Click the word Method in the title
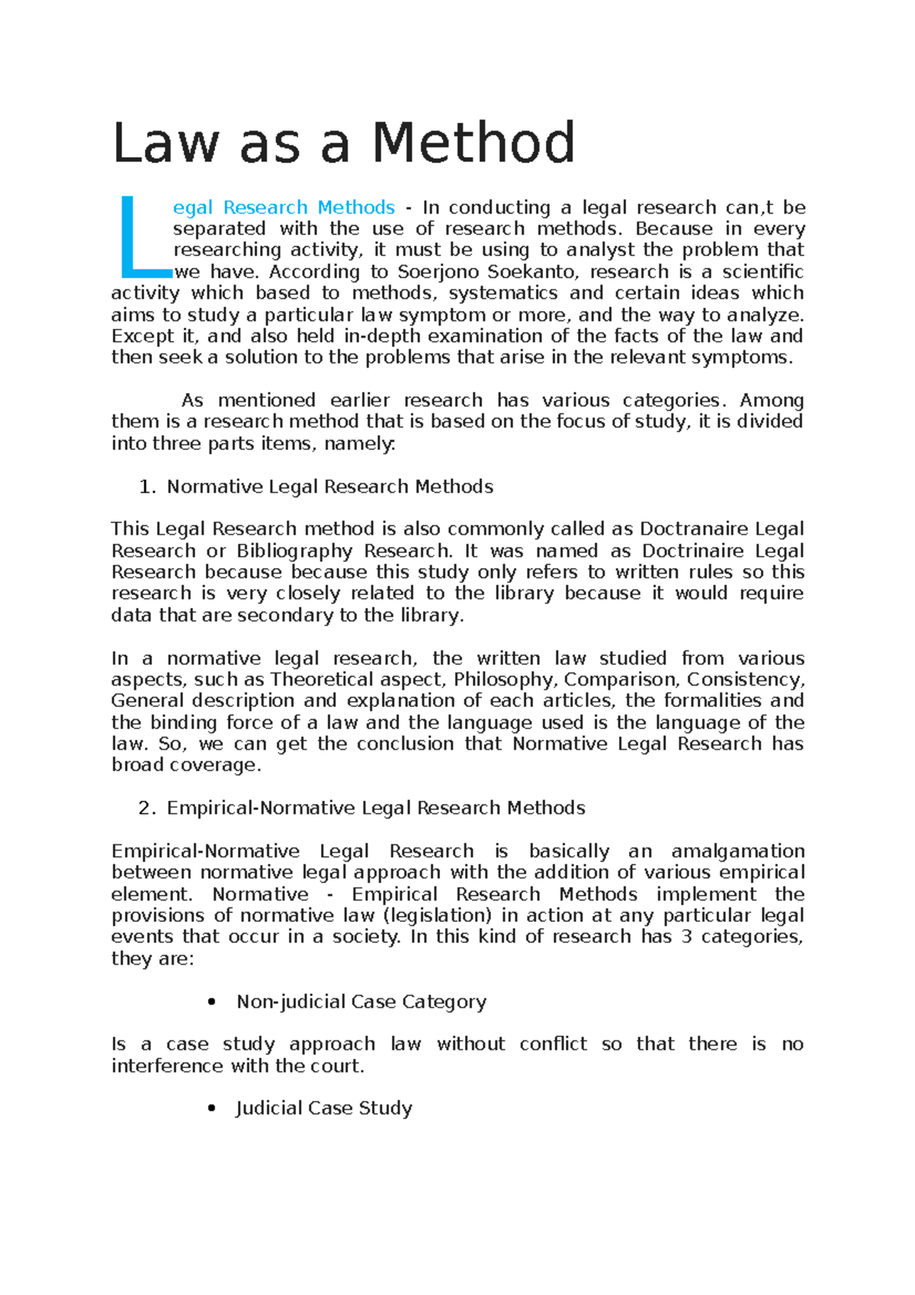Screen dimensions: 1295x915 pyautogui.click(x=473, y=143)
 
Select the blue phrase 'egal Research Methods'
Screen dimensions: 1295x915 pyautogui.click(x=284, y=207)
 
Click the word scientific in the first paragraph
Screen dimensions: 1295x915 pyautogui.click(x=762, y=272)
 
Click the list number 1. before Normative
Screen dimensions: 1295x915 pyautogui.click(x=147, y=487)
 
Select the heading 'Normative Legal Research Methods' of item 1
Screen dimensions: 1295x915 pyautogui.click(x=329, y=487)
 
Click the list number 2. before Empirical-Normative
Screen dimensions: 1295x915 pyautogui.click(x=147, y=808)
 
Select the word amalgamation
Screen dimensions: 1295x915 pyautogui.click(x=737, y=851)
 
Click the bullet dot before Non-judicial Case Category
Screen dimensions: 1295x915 pyautogui.click(x=212, y=1002)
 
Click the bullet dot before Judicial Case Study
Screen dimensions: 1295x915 pyautogui.click(x=212, y=1108)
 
